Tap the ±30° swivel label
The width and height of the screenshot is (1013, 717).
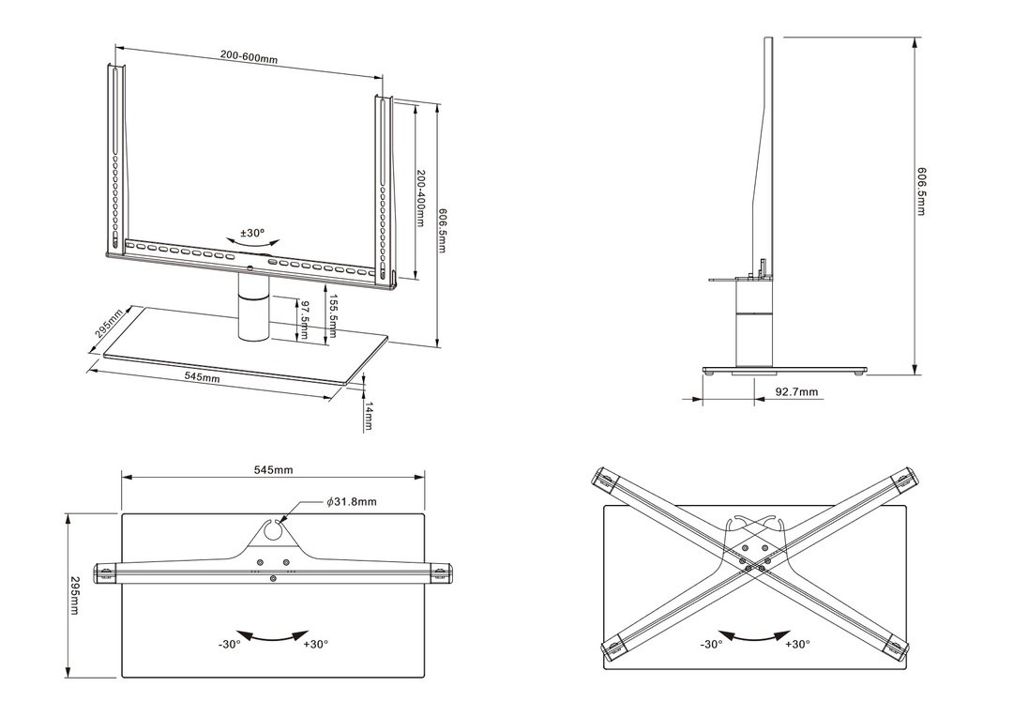click(252, 232)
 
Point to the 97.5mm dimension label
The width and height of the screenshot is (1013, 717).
click(304, 321)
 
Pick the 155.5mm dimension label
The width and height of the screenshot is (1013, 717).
click(333, 319)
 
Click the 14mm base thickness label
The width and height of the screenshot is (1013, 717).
click(369, 415)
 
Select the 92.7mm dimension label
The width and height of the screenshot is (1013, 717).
click(796, 391)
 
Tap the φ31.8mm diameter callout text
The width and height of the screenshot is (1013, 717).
click(352, 502)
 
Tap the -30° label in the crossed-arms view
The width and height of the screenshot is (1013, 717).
click(711, 644)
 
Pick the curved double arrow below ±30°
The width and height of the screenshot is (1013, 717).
click(252, 243)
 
